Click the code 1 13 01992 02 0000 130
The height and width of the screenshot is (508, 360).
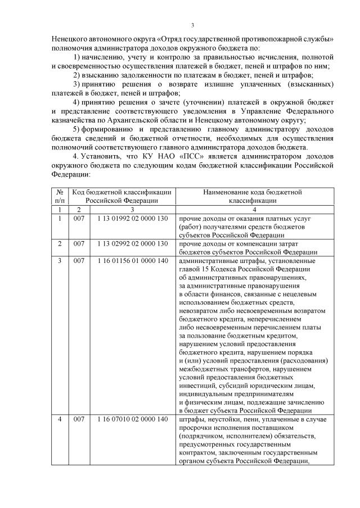click(x=133, y=219)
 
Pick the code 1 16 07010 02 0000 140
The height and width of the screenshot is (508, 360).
click(x=133, y=420)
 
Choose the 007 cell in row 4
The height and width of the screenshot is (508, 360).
click(x=79, y=420)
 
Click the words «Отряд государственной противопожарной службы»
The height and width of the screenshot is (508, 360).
click(x=236, y=40)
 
